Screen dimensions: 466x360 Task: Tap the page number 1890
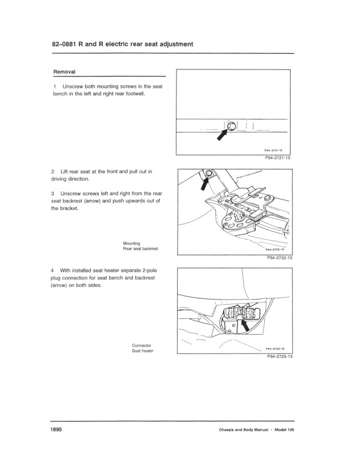tap(56, 430)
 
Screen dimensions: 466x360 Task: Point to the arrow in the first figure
tap(222, 135)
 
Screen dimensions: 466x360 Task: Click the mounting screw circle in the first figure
tap(231, 126)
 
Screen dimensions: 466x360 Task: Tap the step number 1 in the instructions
tap(55, 86)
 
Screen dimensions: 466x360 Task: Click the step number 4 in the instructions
tap(55, 270)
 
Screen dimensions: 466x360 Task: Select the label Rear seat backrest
tap(141, 249)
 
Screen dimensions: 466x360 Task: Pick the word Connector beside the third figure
tap(142, 345)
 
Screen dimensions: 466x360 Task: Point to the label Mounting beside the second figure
tap(132, 243)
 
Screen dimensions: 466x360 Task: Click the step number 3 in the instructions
tap(55, 194)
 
